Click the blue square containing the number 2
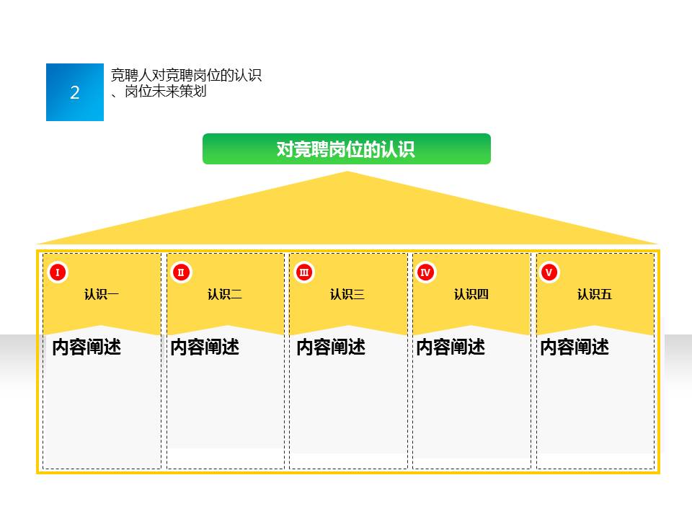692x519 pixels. tap(75, 92)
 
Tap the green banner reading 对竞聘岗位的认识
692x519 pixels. tap(346, 149)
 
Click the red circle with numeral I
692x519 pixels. tap(57, 272)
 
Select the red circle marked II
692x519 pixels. tap(181, 272)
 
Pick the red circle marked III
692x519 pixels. tap(304, 272)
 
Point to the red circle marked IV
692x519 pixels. tap(425, 272)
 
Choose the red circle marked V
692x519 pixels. tap(549, 272)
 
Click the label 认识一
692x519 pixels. tap(102, 294)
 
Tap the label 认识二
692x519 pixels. tap(225, 294)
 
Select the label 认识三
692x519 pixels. tap(347, 294)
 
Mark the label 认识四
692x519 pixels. tap(471, 294)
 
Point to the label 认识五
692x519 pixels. tap(595, 294)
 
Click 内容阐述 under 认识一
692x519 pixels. tap(86, 347)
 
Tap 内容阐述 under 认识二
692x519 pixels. tap(205, 347)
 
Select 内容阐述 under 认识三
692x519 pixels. tap(331, 347)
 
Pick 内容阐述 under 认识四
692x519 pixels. tap(451, 347)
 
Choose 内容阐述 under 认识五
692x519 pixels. tap(575, 347)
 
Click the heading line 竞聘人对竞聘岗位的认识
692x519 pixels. tap(186, 76)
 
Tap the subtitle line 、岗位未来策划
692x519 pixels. tap(159, 92)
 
